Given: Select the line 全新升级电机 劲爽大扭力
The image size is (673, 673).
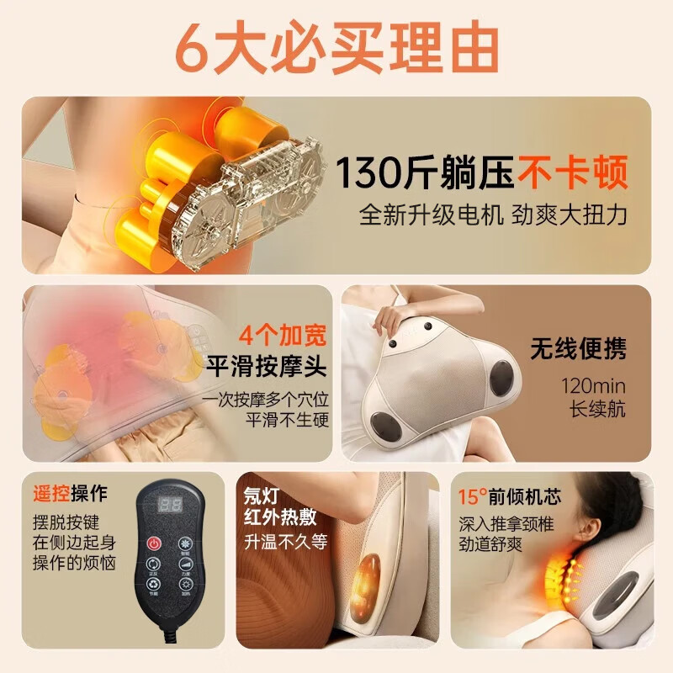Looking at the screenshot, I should tap(493, 215).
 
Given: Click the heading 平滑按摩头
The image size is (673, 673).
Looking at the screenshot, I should tap(268, 366).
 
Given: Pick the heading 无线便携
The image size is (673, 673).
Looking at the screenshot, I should tap(578, 347).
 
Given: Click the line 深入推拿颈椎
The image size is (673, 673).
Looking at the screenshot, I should tap(501, 523).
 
